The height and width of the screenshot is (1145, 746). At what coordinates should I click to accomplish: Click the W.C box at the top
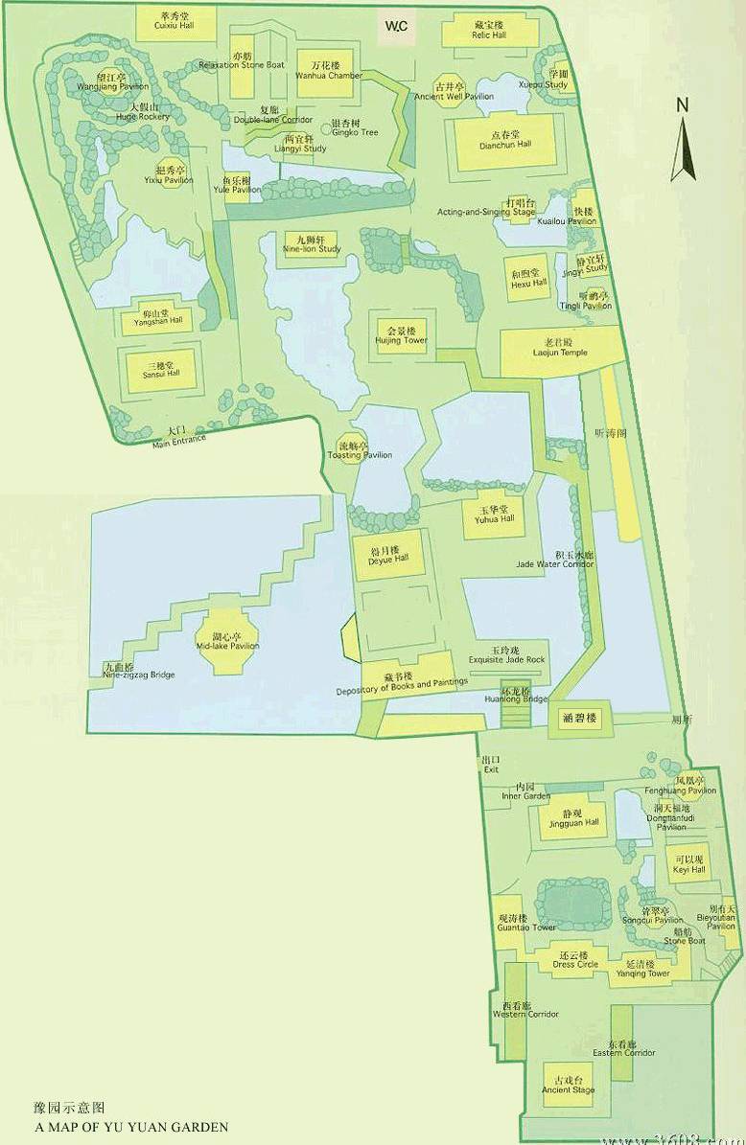(396, 28)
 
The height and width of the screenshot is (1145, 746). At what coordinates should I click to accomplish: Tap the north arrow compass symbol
(682, 142)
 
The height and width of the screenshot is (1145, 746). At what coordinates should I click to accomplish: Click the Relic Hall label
(489, 35)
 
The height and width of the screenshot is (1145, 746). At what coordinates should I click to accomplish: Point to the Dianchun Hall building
(504, 142)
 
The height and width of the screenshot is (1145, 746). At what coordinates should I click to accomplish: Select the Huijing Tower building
(402, 335)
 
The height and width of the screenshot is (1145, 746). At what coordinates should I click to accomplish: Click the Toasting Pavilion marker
(353, 449)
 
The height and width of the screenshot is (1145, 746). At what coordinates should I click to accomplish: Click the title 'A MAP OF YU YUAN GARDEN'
(131, 1128)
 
